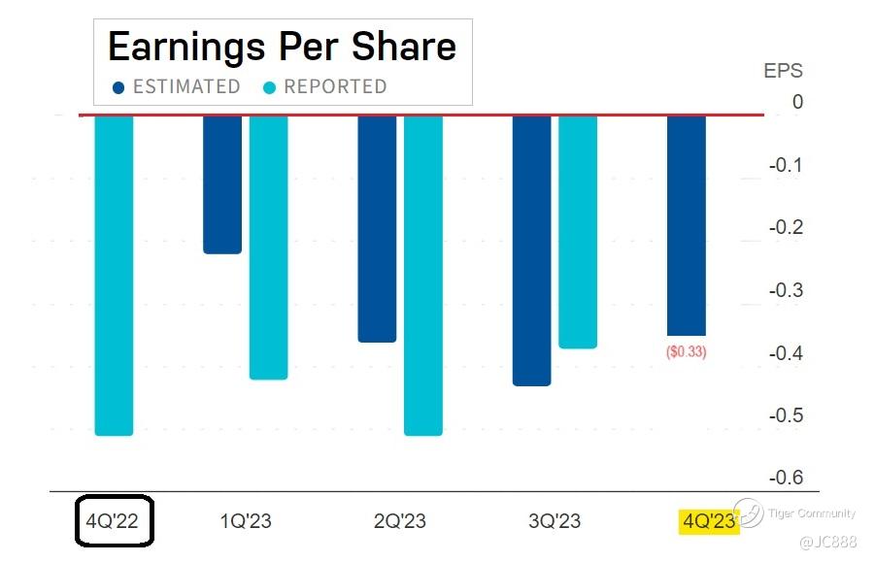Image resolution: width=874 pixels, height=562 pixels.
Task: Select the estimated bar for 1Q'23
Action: pos(222,183)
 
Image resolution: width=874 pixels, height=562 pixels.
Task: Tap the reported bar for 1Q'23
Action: pos(269,247)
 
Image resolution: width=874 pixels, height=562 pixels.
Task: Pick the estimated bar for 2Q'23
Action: pos(377,228)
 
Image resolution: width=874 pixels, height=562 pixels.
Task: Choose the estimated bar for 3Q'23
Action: pos(531,249)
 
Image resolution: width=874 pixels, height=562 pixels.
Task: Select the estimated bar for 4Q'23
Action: pos(687,224)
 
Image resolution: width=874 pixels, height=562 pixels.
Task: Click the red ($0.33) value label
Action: pos(687,352)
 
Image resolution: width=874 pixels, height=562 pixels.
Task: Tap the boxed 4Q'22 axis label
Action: pos(115,521)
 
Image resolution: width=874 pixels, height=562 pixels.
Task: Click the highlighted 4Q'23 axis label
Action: pos(709,521)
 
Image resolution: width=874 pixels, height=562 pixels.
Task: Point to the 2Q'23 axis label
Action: pos(400,521)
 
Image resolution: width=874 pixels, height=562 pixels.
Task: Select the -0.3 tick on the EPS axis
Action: pos(785,290)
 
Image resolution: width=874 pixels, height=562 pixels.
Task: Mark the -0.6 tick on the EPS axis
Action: pos(785,478)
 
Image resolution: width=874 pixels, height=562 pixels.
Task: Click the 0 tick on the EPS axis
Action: pos(797,102)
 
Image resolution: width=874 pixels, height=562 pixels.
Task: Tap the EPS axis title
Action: pos(784,71)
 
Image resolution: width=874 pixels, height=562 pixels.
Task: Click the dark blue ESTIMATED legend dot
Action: pos(118,87)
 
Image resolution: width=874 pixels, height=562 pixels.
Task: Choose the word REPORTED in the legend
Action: pos(335,87)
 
